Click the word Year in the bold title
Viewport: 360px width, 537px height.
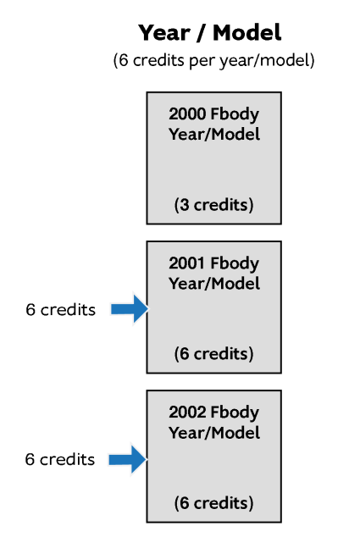click(x=164, y=33)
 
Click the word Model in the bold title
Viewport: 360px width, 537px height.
click(x=247, y=33)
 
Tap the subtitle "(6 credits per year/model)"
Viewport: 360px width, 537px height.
click(x=213, y=61)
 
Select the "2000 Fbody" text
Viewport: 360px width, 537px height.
click(x=213, y=114)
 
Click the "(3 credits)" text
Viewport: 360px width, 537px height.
click(x=213, y=205)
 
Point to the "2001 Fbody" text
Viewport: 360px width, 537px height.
click(x=213, y=263)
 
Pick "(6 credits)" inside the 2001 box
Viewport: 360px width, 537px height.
click(x=213, y=354)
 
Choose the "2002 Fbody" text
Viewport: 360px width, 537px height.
click(x=213, y=412)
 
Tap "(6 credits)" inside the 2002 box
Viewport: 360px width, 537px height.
click(x=213, y=503)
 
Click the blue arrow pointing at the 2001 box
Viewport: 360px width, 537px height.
click(x=130, y=309)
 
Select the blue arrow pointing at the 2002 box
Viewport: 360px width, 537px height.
click(x=128, y=460)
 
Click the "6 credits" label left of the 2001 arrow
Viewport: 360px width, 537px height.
click(x=61, y=310)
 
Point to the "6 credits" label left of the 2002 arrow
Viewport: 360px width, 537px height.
click(x=60, y=460)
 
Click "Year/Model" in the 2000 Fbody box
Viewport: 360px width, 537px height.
click(x=214, y=134)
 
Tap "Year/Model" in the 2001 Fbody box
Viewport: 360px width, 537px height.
click(x=214, y=284)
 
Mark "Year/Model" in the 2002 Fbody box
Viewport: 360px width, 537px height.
click(x=214, y=433)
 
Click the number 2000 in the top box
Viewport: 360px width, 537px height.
click(x=187, y=113)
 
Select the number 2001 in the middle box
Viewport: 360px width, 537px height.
click(x=187, y=263)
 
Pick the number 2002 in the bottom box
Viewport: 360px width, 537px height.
click(x=187, y=412)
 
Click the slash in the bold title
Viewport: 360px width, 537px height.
click(x=202, y=33)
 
